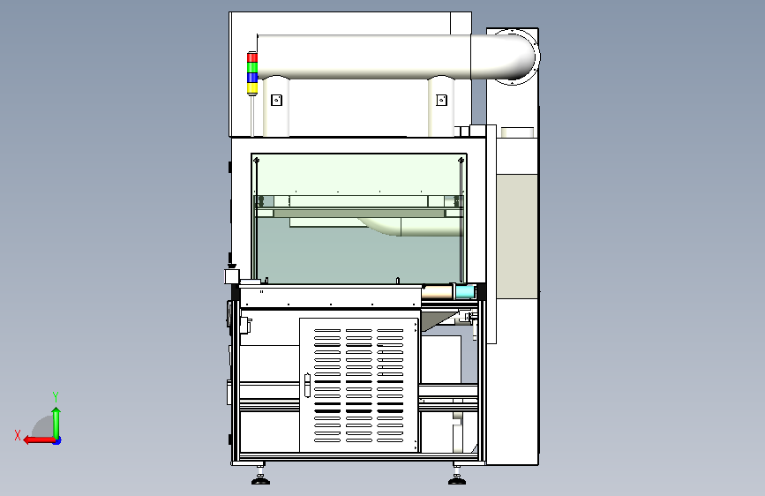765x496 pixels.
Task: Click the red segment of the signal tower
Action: [251, 57]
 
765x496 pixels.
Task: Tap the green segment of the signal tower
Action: [251, 67]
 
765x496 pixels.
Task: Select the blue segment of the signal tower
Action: [251, 78]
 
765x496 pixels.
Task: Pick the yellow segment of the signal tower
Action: [251, 88]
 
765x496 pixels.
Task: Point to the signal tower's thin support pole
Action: [251, 116]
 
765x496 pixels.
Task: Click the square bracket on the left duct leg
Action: [277, 100]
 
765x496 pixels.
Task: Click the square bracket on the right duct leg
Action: [441, 100]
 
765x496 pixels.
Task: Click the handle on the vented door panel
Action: [307, 385]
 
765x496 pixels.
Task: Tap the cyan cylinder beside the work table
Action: [465, 292]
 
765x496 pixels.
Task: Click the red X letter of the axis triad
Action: [18, 435]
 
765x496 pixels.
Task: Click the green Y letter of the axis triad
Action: [56, 397]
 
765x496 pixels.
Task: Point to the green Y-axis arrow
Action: [56, 423]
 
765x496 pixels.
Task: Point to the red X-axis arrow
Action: [39, 440]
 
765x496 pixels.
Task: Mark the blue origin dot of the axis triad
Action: [57, 440]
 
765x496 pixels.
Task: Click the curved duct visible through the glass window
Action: [409, 227]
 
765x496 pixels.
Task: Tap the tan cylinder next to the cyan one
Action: [437, 292]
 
